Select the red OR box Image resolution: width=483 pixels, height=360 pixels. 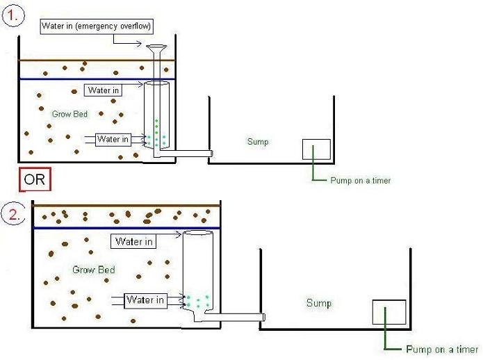(x=35, y=179)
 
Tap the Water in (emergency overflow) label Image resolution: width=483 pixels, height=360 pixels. (x=97, y=26)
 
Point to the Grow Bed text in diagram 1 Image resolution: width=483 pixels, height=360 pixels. (x=69, y=113)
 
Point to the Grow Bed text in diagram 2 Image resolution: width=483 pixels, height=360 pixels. (x=94, y=270)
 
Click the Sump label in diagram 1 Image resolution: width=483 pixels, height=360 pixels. (x=257, y=142)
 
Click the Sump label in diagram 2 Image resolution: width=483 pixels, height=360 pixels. (x=319, y=303)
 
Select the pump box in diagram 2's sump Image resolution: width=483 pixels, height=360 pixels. (x=388, y=312)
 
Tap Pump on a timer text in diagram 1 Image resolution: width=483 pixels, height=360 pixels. (x=360, y=181)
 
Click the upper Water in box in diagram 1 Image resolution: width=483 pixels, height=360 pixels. (x=104, y=90)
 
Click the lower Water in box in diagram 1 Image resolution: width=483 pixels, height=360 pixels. (x=113, y=139)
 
